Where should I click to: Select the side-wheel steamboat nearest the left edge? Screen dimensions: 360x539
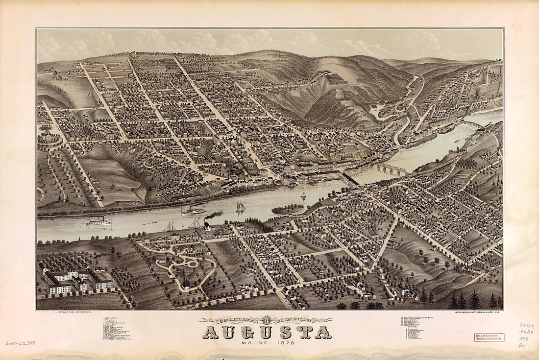click(x=99, y=222)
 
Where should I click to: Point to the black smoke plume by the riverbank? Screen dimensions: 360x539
click(x=215, y=215)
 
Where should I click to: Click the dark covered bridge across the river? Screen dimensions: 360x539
click(x=351, y=179)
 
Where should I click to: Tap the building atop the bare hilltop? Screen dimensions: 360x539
click(x=324, y=73)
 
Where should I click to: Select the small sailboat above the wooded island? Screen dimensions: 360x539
click(x=303, y=195)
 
